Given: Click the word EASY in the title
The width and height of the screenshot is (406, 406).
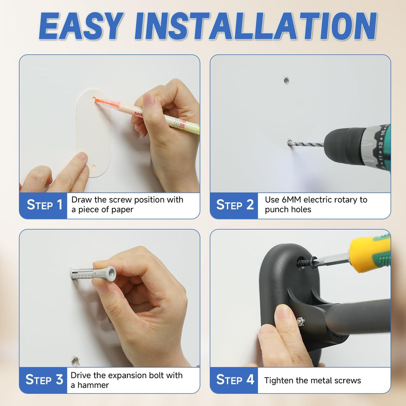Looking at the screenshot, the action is pyautogui.click(x=81, y=26).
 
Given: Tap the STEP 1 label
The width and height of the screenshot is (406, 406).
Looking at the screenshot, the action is pyautogui.click(x=44, y=205).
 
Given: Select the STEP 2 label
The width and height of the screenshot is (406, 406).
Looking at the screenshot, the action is pyautogui.click(x=235, y=205).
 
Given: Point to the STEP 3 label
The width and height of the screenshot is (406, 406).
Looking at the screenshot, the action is pyautogui.click(x=44, y=380).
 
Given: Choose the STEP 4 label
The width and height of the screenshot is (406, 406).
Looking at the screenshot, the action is pyautogui.click(x=235, y=380).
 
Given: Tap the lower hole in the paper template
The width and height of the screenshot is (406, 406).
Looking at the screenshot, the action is pyautogui.click(x=94, y=168).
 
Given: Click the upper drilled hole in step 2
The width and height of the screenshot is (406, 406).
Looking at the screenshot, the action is pyautogui.click(x=286, y=80).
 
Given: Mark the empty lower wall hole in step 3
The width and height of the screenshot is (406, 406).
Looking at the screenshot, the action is pyautogui.click(x=75, y=361).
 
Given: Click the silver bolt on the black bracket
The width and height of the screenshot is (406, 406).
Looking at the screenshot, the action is pyautogui.click(x=300, y=321).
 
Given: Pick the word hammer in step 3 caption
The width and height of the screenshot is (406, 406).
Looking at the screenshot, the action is pyautogui.click(x=93, y=385).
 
